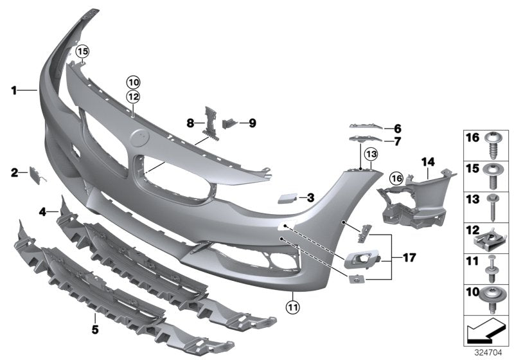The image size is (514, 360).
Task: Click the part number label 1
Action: click(13, 91)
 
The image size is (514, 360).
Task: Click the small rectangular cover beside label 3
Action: click(285, 199)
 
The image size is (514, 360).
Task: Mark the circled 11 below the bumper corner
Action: click(292, 306)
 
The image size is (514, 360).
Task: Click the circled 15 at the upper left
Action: click(82, 50)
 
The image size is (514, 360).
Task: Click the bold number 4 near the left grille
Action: click(40, 211)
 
